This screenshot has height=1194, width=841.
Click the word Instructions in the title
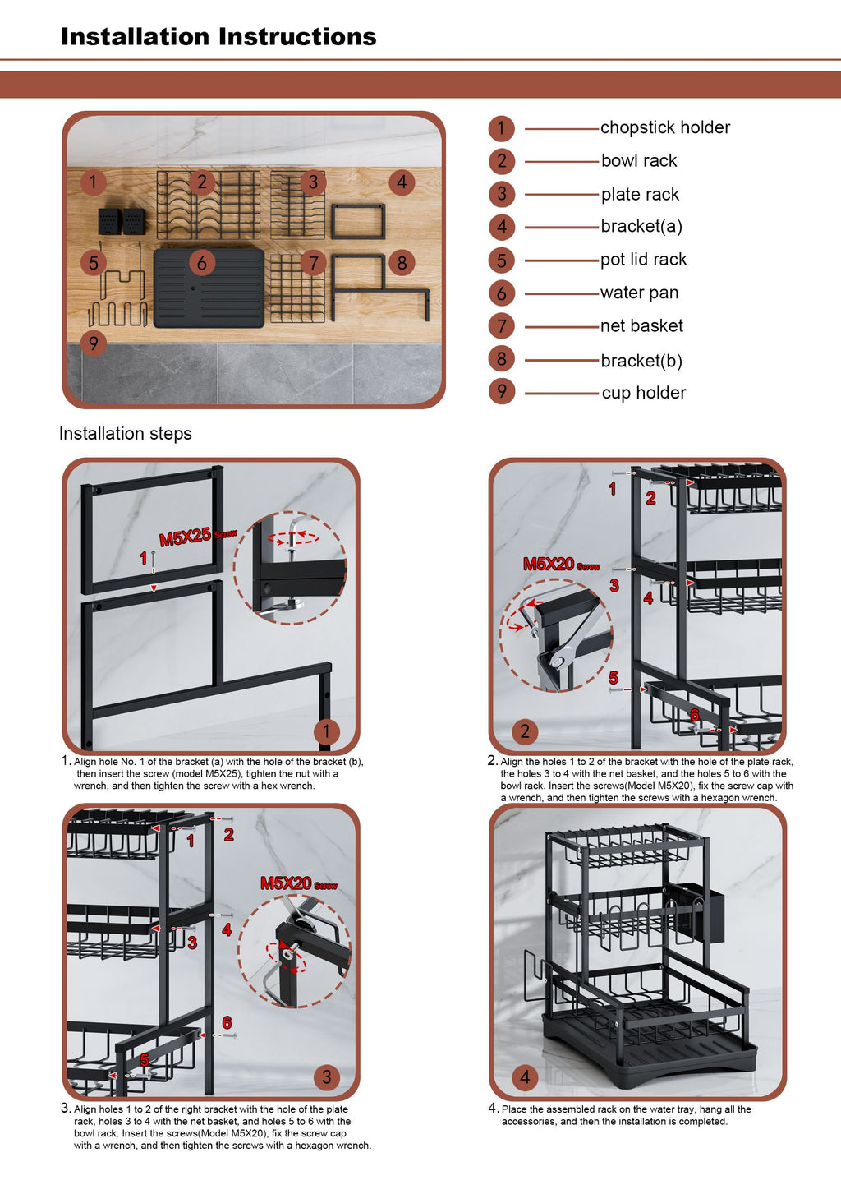tap(297, 37)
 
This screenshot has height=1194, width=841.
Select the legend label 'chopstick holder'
tap(665, 127)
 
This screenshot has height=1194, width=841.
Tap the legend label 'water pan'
tap(639, 293)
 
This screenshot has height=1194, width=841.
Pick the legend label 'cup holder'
tap(644, 393)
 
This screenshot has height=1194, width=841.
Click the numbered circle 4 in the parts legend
tap(502, 227)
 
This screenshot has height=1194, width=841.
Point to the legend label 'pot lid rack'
tap(643, 260)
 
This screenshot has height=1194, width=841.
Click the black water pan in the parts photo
tap(209, 288)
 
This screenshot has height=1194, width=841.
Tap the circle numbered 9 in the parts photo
tap(93, 343)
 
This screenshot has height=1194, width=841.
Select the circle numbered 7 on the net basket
tap(313, 263)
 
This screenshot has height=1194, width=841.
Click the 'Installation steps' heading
tap(125, 433)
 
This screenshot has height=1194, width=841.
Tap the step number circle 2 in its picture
tap(525, 731)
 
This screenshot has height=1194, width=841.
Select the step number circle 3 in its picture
tap(327, 1077)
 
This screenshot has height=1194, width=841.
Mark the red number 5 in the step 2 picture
tap(614, 678)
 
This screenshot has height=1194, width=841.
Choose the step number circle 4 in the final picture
tap(525, 1077)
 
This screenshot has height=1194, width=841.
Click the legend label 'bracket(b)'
tap(641, 361)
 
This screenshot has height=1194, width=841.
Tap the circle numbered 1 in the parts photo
tap(93, 182)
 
